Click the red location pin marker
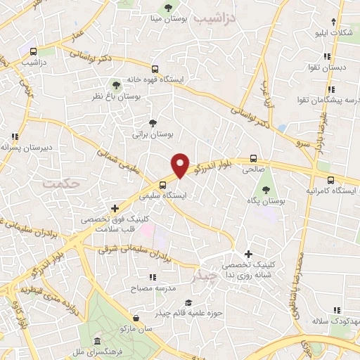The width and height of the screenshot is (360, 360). (181, 165)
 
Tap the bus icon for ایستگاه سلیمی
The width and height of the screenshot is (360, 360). (163, 185)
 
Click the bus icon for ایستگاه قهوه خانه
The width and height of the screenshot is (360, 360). (155, 69)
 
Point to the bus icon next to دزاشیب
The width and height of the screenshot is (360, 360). (33, 51)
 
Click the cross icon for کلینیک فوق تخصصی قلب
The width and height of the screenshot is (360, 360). (115, 208)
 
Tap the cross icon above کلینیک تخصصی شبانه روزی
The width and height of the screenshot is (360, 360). (248, 253)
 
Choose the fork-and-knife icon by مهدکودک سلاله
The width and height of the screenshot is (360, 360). (337, 309)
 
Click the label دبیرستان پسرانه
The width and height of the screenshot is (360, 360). (27, 148)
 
